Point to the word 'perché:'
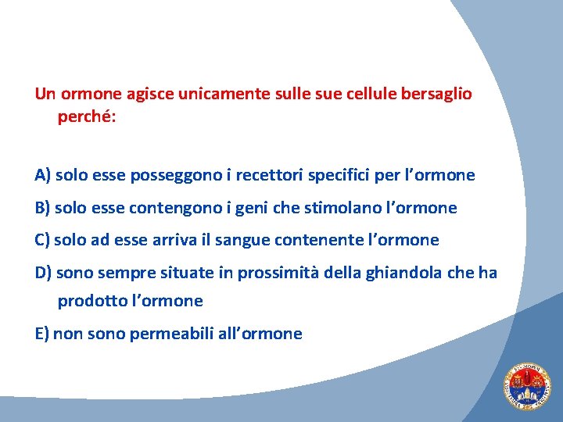coord(87,116)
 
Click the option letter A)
coord(43,175)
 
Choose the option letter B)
coord(43,208)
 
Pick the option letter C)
coord(43,240)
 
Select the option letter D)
coord(44,272)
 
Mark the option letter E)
coord(42,334)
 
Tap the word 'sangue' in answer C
coord(246,240)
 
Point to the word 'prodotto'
coord(89,301)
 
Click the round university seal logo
coord(526,387)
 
